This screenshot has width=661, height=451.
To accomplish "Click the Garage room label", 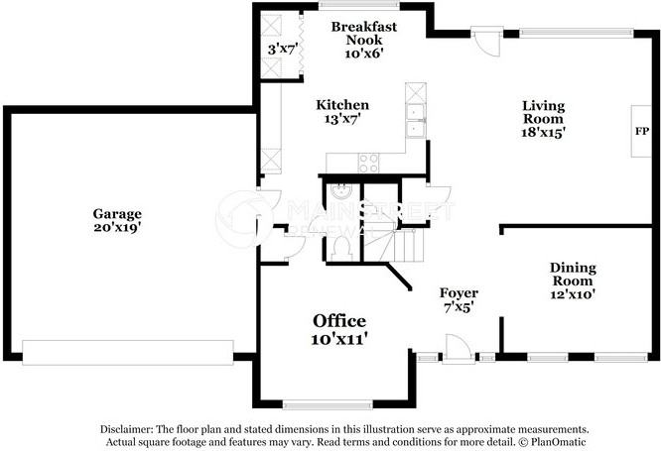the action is pos(117,214).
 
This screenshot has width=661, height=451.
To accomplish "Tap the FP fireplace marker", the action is pos(641,132).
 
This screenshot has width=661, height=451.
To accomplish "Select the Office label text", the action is pos(339,321).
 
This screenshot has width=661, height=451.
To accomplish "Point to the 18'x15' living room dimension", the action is pos(543,133).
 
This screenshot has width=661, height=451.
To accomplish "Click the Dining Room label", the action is pos(573,274).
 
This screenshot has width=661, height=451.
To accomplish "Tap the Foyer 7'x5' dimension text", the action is pos(459,307).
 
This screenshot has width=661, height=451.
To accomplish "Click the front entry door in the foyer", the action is pos(458,349).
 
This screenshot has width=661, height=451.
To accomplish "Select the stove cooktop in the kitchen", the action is pos(368,163).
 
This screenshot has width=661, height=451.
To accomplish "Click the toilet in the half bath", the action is pos(340,249).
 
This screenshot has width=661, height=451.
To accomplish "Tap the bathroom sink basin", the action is pos(340,191).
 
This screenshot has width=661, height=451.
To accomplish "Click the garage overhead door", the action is pos(128,353).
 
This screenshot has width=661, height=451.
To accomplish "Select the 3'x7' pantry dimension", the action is pos(283,50).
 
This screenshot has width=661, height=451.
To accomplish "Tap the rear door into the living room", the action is pos(486,41).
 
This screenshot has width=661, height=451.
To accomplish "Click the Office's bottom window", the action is pos(328,405).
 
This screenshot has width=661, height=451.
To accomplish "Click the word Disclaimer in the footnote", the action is pos(126,429).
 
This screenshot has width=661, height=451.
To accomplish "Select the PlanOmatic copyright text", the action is pos(552,442).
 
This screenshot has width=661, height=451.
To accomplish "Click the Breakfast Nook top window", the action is pos(358,5).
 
